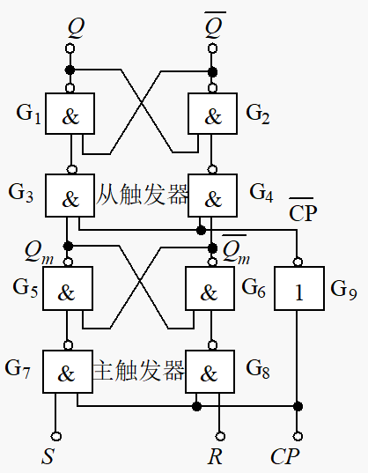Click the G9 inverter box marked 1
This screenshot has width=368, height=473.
[x=298, y=288]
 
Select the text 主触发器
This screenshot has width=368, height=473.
[x=138, y=371]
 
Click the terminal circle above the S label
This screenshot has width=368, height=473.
[x=56, y=435]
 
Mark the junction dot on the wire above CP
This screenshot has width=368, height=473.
[x=298, y=406]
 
